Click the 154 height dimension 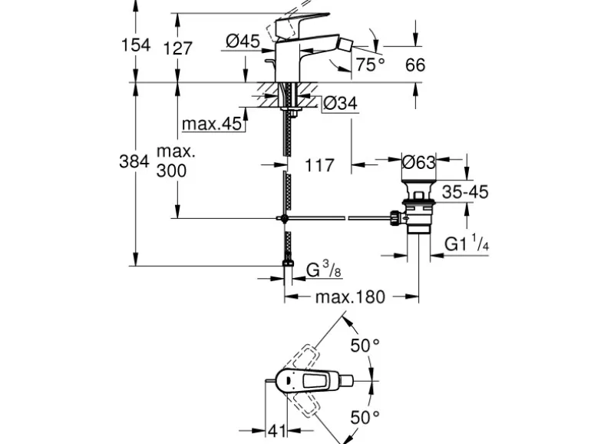136,46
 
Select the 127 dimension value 178,48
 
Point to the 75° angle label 369,65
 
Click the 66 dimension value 414,65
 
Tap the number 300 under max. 171,171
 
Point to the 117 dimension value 319,165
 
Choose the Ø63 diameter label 419,163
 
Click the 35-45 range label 466,193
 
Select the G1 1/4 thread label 468,244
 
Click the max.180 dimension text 351,297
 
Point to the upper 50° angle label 365,346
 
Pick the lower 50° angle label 365,417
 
